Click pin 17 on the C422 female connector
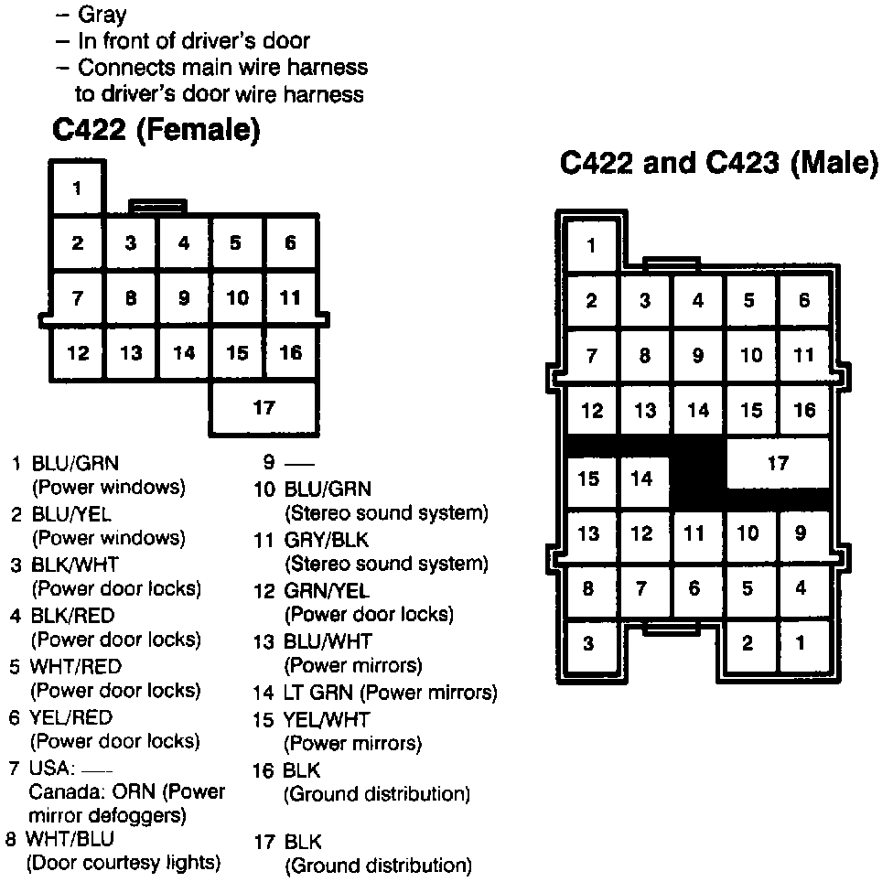click(264, 408)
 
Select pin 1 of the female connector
click(77, 189)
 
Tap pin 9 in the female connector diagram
click(184, 298)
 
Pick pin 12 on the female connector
click(78, 353)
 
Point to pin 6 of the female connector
click(290, 243)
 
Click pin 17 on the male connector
click(778, 464)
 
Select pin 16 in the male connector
click(804, 411)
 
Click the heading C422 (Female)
click(156, 132)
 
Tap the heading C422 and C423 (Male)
click(718, 164)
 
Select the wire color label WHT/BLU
click(70, 838)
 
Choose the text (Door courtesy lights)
click(124, 863)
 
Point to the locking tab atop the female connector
click(157, 206)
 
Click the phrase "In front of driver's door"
click(194, 41)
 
